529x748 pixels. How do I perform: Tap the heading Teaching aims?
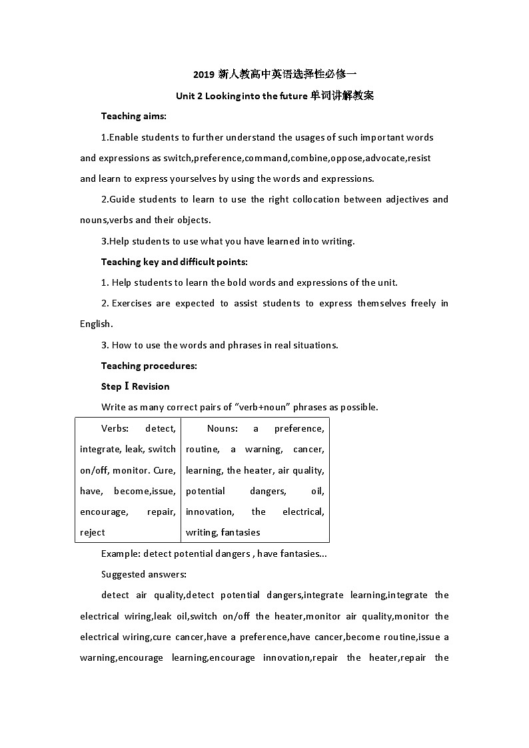133,116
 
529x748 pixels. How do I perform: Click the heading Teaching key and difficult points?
174,262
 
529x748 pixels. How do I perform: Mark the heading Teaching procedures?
149,366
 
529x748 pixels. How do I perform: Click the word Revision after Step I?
151,386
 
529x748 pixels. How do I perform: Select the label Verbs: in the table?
117,428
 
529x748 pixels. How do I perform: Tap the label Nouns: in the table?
222,428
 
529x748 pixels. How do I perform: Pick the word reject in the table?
93,532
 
